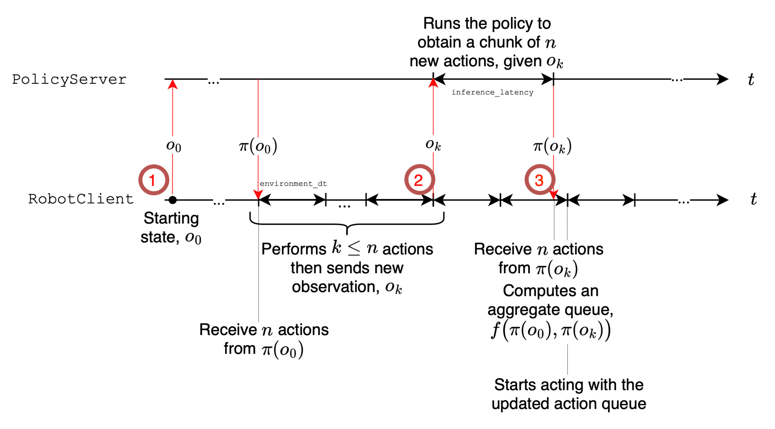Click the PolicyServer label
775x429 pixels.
[x=69, y=79]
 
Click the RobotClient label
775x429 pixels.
[x=81, y=198]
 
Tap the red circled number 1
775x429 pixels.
[x=154, y=180]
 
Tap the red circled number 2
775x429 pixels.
[x=420, y=180]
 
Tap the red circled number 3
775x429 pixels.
[x=540, y=180]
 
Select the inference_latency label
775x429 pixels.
[x=492, y=92]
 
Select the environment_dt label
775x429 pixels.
[x=293, y=184]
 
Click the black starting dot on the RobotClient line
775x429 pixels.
[x=173, y=200]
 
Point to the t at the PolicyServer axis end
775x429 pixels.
[x=751, y=79]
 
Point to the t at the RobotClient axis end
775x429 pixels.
[x=753, y=199]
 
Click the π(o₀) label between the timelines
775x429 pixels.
[x=258, y=146]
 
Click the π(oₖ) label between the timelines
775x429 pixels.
[x=552, y=146]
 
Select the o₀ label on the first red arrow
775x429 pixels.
[x=173, y=146]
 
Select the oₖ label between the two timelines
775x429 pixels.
[x=433, y=145]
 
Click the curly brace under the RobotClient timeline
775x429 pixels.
[x=347, y=224]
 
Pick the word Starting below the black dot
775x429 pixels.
[x=171, y=218]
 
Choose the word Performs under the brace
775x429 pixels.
[x=294, y=249]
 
